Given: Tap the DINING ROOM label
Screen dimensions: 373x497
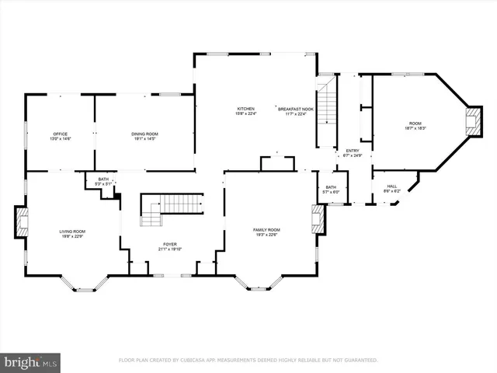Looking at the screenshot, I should coord(144,134).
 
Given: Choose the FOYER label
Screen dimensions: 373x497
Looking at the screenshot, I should coord(171,246).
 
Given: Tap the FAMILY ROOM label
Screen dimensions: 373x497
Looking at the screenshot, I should coord(266,230).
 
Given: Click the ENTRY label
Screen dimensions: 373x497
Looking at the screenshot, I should coord(353,151).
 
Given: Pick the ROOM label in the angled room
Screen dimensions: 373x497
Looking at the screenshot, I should coord(417,124).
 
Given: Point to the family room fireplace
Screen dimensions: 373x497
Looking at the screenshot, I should coord(316,218).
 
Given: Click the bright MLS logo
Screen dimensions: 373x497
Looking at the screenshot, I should coord(30,361).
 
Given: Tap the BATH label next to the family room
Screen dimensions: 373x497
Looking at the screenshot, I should coord(331,187).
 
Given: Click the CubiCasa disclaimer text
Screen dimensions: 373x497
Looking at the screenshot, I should coord(248,361).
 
